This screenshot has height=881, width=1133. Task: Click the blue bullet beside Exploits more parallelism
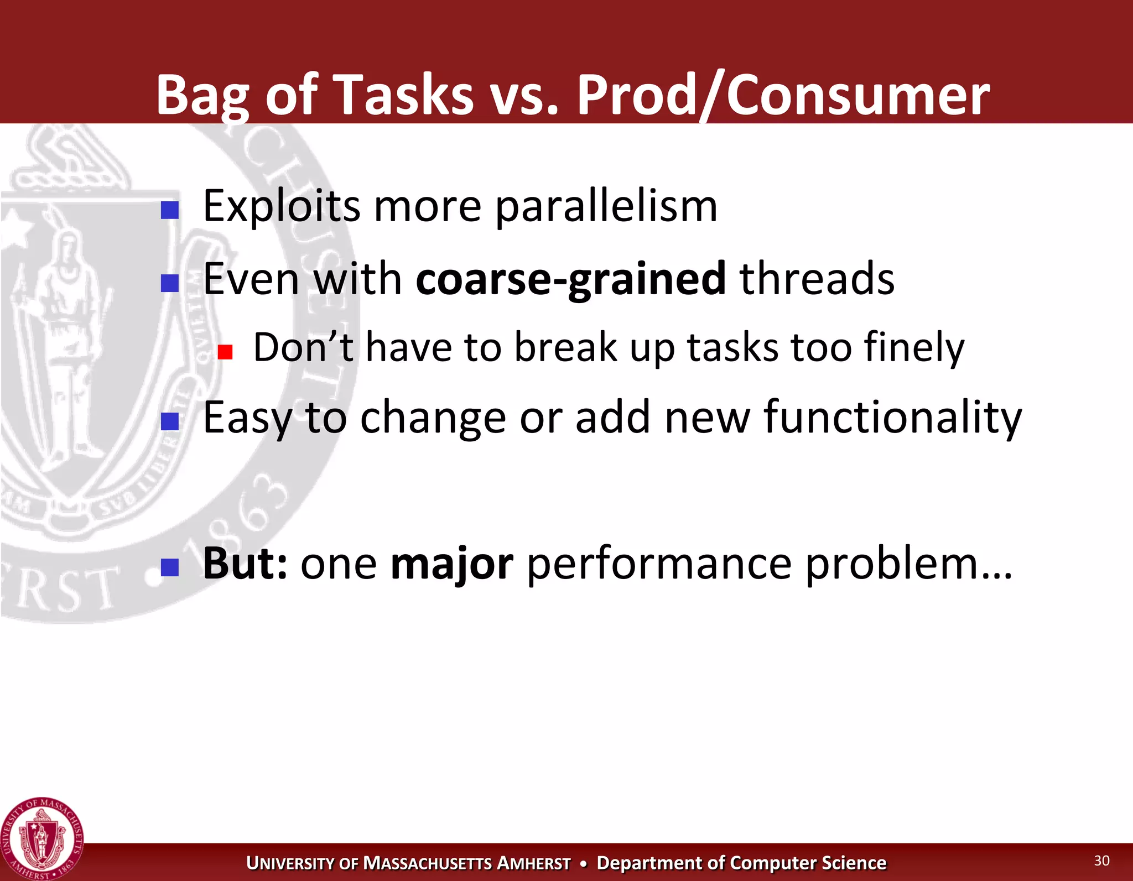tap(169, 210)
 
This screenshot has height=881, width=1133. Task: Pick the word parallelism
tap(606, 207)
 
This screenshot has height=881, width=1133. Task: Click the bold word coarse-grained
tap(570, 279)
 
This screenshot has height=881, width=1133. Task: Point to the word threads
tap(817, 279)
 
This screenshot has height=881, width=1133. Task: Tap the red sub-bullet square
tap(225, 352)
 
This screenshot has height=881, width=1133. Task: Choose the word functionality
tap(892, 418)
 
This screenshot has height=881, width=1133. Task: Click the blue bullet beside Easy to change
tap(169, 421)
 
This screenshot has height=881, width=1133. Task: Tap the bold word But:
tap(245, 564)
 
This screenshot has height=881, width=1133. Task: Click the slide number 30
tap(1101, 861)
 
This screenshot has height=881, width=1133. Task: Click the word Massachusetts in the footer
tap(427, 863)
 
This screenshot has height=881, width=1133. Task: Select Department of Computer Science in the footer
tap(741, 863)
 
